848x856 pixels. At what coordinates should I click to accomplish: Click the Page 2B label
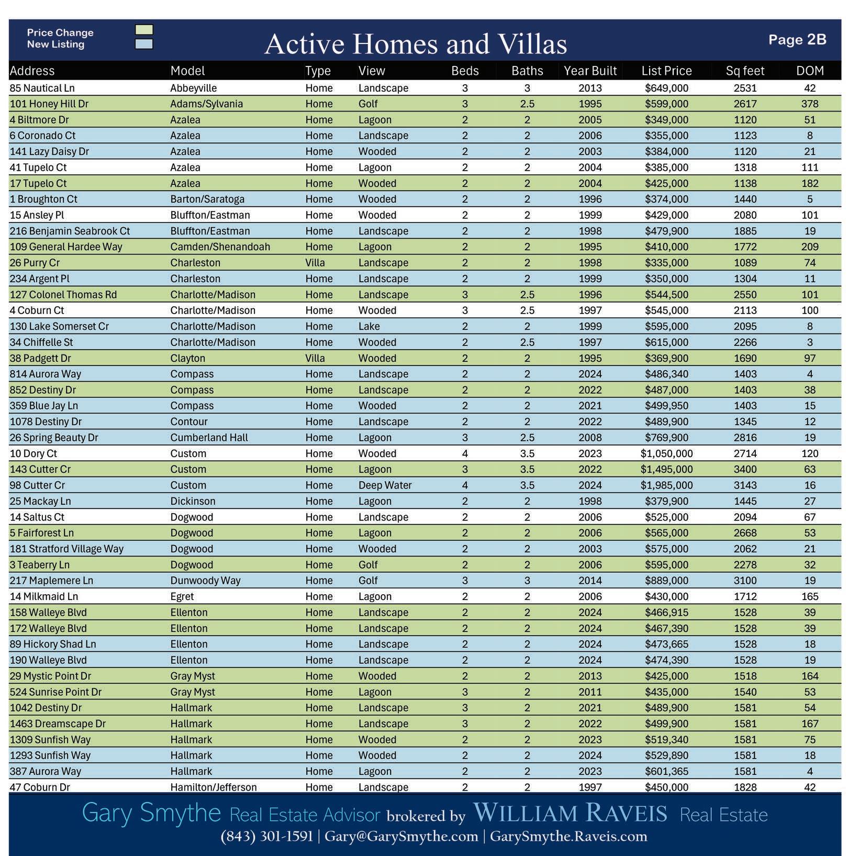point(797,40)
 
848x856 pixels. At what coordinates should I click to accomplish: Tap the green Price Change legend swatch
point(144,30)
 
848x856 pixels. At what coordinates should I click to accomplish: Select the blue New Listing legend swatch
point(144,44)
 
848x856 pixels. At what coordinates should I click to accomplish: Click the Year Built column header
point(590,71)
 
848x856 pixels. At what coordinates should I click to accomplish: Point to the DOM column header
point(810,71)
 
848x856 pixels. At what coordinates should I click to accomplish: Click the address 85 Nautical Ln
point(42,88)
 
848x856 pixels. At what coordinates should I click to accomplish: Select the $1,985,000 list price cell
point(666,485)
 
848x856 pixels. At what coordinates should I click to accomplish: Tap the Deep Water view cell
point(385,485)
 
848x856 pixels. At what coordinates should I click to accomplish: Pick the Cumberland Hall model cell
point(209,438)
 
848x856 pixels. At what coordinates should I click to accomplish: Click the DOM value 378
point(810,104)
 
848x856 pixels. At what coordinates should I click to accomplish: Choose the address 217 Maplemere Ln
point(51,581)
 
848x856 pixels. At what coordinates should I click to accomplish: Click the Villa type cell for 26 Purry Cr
point(315,263)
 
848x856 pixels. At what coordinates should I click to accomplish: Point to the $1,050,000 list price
point(666,453)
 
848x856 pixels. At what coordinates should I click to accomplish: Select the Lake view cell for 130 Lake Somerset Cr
point(369,326)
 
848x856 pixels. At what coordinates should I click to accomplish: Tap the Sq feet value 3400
point(745,470)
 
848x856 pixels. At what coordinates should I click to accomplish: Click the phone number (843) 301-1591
point(266,836)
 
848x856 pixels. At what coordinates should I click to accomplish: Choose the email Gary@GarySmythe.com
point(401,836)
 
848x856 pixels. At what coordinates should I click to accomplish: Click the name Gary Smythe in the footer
point(151,813)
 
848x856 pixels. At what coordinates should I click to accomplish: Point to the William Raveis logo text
point(570,813)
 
